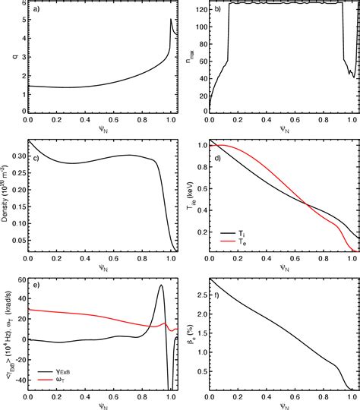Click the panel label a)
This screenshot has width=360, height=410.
[35, 10]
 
